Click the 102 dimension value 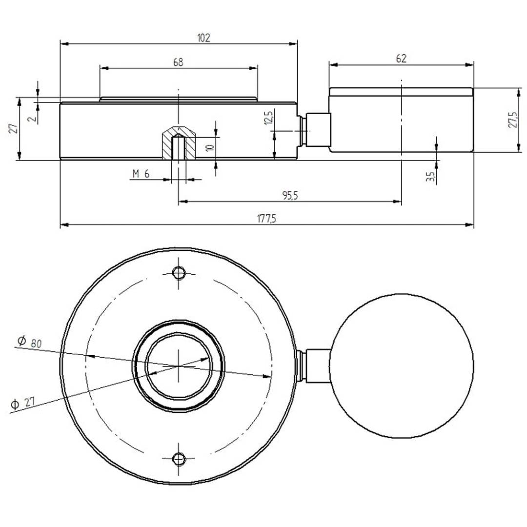click(x=204, y=38)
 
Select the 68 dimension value click(x=178, y=62)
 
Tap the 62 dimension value click(x=401, y=59)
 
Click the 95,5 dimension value click(x=289, y=196)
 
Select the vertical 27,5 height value click(x=512, y=120)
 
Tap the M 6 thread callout click(x=141, y=174)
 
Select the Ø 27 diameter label click(x=23, y=404)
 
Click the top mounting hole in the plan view click(x=179, y=272)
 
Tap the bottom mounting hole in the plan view click(x=179, y=458)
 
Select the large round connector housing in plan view click(x=401, y=366)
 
